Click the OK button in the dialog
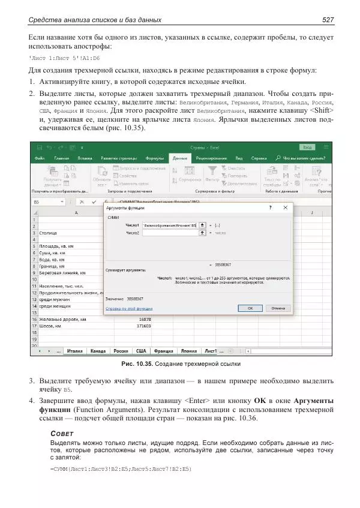pos(250,308)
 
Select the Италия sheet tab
pos(75,351)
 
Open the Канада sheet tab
pos(98,351)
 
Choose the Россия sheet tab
pos(121,351)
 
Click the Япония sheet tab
pos(188,351)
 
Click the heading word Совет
pos(62,433)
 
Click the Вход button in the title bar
pos(308,146)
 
